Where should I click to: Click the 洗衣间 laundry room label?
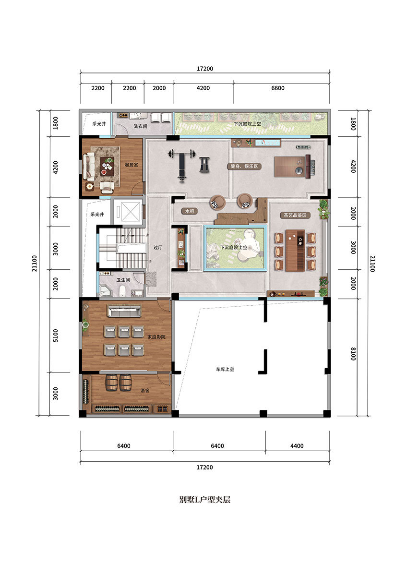point(140,126)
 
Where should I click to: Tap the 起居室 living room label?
point(131,165)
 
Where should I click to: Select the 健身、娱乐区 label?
point(244,167)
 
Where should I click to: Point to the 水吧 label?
point(190,211)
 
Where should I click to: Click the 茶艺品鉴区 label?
point(295,215)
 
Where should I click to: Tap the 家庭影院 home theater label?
point(156,336)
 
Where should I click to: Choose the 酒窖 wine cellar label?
point(145,390)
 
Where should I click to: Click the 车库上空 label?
point(225,369)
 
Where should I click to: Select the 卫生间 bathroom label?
point(123,280)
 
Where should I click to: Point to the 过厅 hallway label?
point(157,247)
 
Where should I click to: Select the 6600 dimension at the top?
point(278,88)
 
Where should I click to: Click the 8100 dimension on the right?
point(354,354)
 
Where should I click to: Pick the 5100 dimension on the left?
point(56,336)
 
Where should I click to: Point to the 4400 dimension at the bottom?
point(297,445)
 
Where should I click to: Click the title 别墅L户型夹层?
point(204,499)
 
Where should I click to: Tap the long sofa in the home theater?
point(124,311)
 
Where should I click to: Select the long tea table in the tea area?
point(295,251)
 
